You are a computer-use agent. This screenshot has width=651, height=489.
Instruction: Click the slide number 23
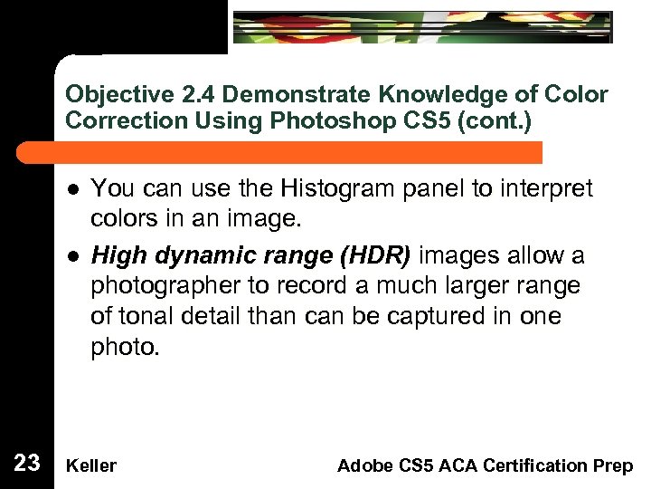tap(27, 464)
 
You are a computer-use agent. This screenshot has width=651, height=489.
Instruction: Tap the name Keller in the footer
tap(91, 465)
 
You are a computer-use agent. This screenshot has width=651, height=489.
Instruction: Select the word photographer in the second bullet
tap(164, 286)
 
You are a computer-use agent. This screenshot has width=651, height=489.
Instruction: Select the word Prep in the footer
tap(616, 465)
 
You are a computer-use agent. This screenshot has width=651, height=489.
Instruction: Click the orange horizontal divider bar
tap(298, 152)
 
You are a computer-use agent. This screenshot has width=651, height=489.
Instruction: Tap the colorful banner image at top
tap(422, 26)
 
